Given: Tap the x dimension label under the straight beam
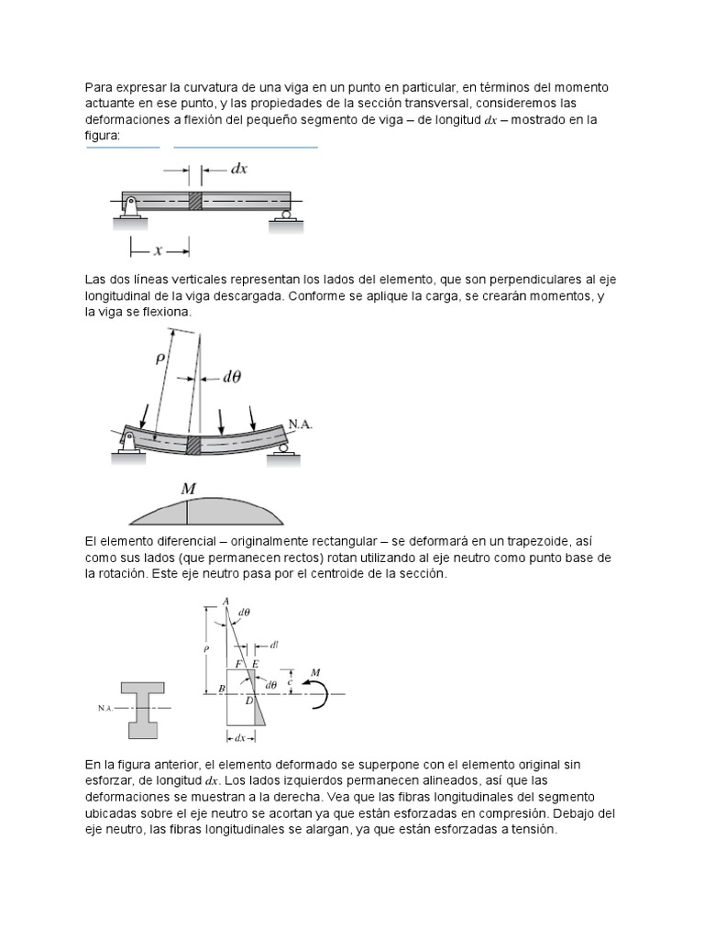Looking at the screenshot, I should [159, 247].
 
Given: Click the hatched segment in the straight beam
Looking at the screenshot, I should [194, 200].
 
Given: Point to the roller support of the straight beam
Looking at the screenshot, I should [286, 215].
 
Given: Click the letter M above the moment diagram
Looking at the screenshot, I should [188, 490].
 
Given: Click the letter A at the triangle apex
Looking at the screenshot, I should [225, 601].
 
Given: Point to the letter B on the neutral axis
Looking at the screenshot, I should [220, 689].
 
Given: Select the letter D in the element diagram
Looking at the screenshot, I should [248, 701].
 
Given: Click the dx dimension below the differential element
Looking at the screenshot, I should [239, 736].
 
